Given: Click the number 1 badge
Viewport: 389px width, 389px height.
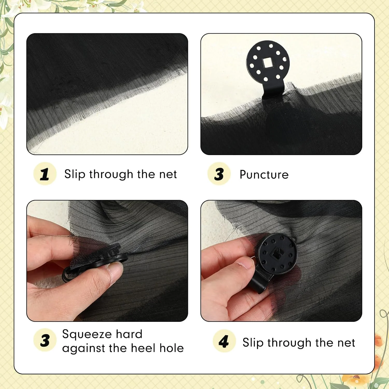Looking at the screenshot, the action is point(45,174).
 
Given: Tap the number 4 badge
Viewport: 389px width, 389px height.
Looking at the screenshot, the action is point(224,341).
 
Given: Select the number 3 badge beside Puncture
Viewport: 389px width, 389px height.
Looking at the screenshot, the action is point(219,174).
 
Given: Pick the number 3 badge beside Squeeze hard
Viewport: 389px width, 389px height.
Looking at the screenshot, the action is point(45,340).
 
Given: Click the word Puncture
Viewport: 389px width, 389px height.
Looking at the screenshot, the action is point(264,175).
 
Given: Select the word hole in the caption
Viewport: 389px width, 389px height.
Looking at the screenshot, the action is point(172,348).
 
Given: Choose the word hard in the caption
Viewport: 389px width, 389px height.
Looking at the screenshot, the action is point(129,334).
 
